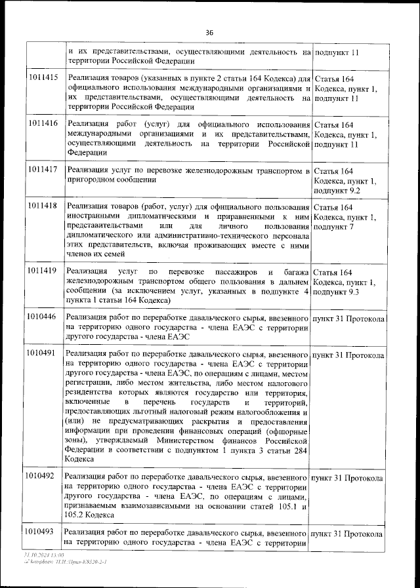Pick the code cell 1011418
click(x=43, y=206)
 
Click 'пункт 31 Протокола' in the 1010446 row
click(x=348, y=318)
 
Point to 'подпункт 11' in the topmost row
click(x=337, y=51)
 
